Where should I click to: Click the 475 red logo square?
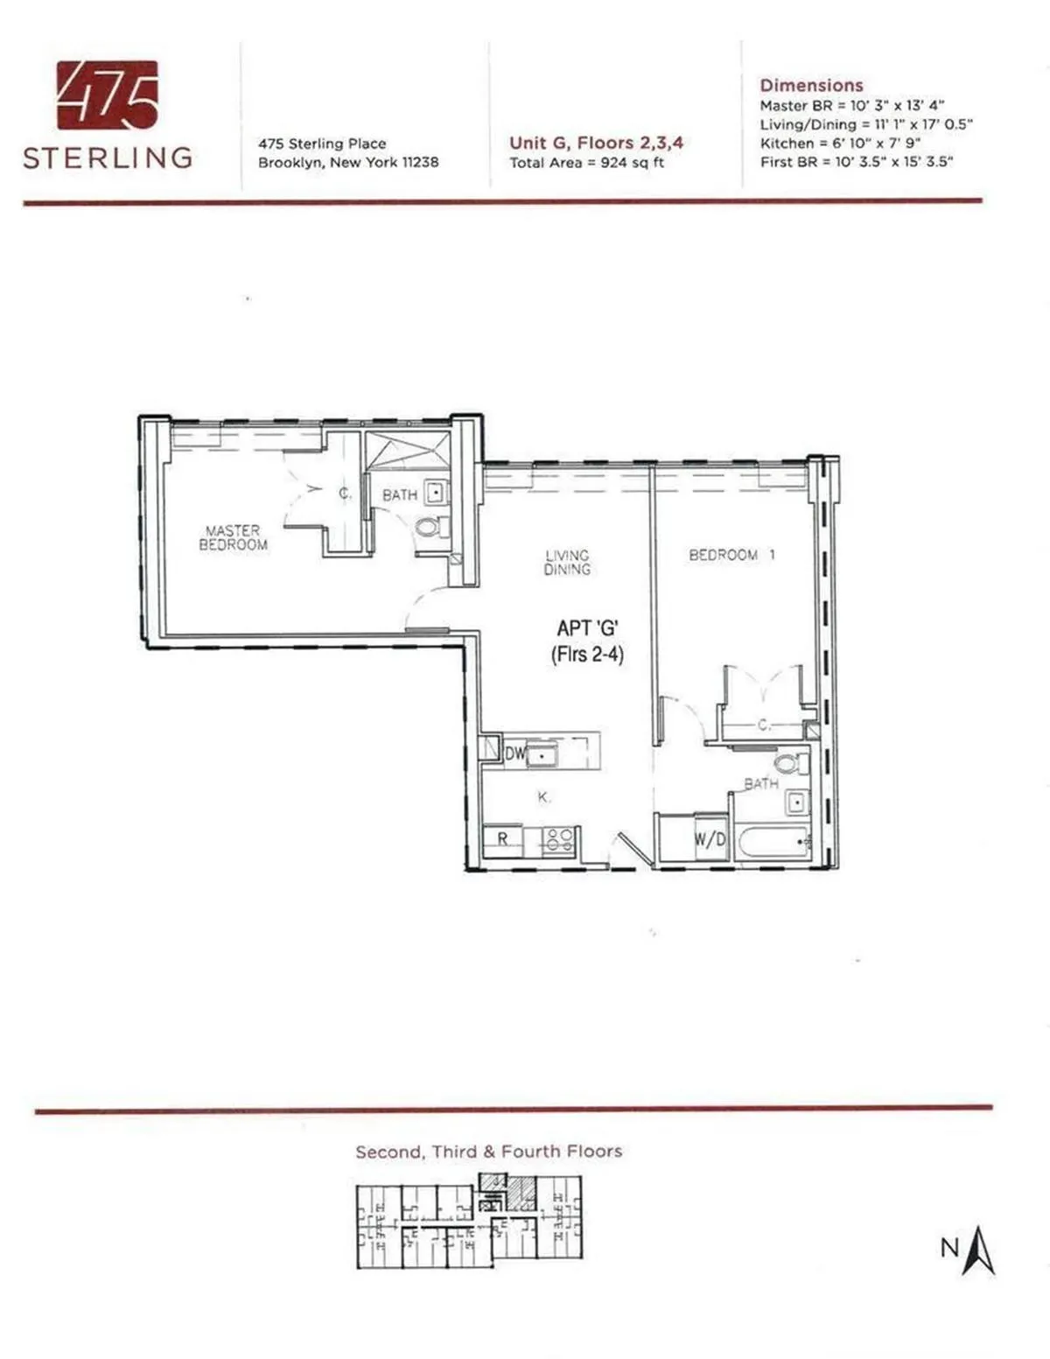click(x=108, y=95)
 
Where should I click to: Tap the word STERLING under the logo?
click(x=108, y=158)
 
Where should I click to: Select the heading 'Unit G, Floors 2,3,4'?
click(x=596, y=143)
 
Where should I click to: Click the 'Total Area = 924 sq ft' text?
click(x=587, y=163)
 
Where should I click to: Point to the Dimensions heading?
click(x=811, y=85)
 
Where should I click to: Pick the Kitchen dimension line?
click(x=840, y=143)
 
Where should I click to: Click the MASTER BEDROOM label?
click(x=233, y=537)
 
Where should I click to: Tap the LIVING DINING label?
click(x=567, y=562)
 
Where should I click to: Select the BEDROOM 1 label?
click(x=731, y=555)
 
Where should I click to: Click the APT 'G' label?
click(x=587, y=628)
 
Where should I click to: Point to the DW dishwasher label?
click(x=515, y=753)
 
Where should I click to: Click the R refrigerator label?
click(x=503, y=838)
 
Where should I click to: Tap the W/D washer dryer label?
click(x=710, y=840)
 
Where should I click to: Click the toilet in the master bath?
click(x=428, y=528)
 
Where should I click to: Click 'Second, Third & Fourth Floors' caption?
click(x=488, y=1152)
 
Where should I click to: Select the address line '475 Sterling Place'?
click(x=322, y=144)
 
